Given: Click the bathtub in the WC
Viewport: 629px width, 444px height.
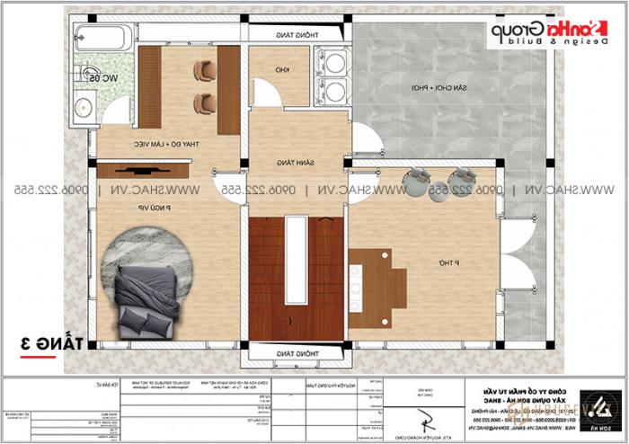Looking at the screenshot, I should [x=103, y=38].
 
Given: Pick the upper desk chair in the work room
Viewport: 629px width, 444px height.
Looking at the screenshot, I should [x=206, y=69].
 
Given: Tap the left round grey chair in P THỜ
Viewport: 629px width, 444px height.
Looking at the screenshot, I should [x=416, y=181].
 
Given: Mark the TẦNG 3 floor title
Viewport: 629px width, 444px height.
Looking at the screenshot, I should [x=52, y=344].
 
